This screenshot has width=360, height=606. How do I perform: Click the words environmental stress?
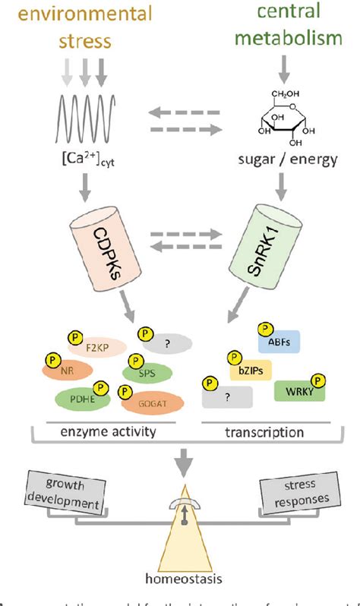pyautogui.click(x=87, y=30)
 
